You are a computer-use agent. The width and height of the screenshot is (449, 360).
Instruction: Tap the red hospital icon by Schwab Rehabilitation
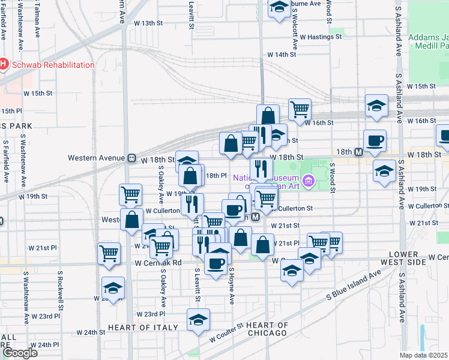pos(4,64)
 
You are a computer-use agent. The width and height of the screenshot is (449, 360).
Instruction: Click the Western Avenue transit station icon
pos(130,158)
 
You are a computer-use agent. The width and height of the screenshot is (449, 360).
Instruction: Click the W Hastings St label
pos(321,37)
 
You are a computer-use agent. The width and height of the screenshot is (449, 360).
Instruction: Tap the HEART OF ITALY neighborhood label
pos(143,328)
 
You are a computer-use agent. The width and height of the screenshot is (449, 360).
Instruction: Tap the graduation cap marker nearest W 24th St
pos(198,319)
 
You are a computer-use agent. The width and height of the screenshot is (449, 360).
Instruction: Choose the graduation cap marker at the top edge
pos(279,7)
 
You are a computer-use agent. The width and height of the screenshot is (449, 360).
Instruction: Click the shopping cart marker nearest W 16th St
pos(300,109)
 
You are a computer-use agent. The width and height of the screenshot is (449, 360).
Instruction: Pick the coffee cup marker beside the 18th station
pos(375,140)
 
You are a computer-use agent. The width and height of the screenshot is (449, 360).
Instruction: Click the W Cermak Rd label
pos(158,262)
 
